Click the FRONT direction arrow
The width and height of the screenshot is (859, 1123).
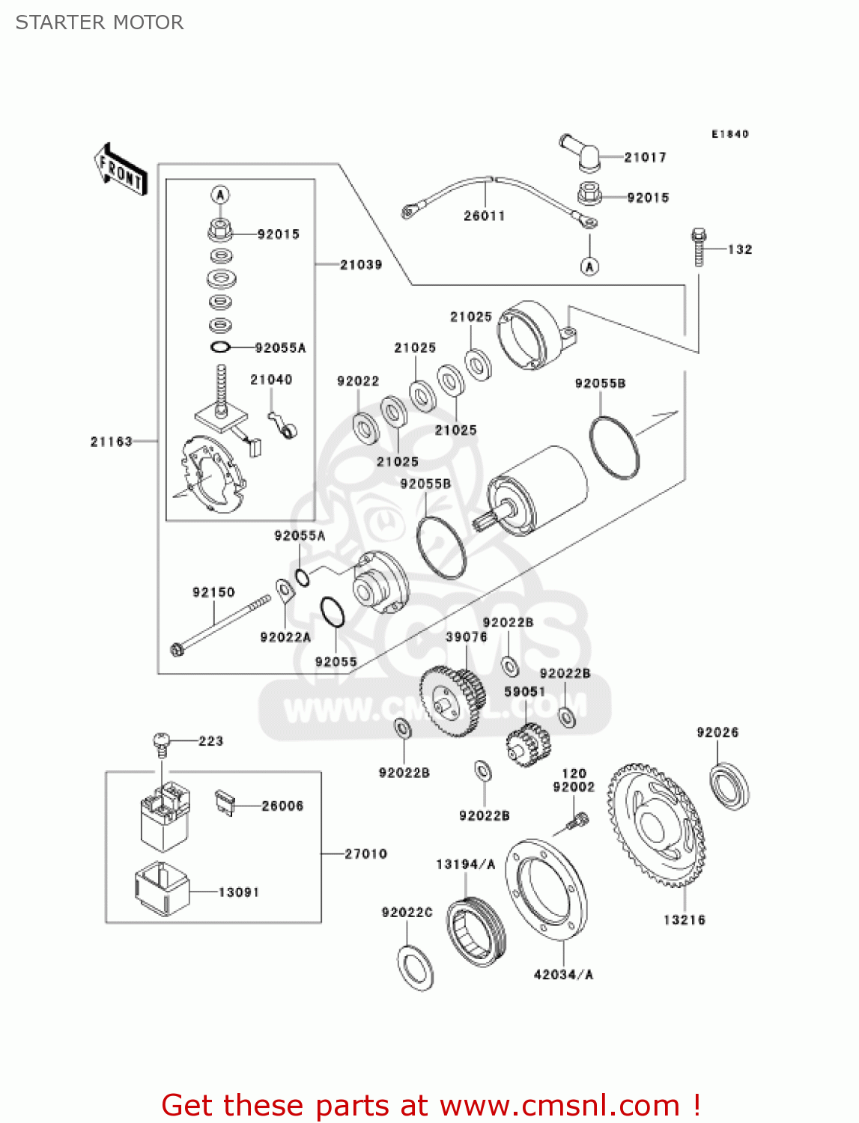pyautogui.click(x=121, y=170)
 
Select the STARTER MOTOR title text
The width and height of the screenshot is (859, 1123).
pyautogui.click(x=100, y=22)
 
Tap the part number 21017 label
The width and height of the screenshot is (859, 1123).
pyautogui.click(x=645, y=157)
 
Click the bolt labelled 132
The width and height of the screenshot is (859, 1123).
pyautogui.click(x=699, y=246)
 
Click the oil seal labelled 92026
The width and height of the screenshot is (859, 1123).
pyautogui.click(x=729, y=785)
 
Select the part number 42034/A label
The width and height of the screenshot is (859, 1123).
pyautogui.click(x=563, y=974)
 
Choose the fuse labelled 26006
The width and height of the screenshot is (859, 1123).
pyautogui.click(x=225, y=802)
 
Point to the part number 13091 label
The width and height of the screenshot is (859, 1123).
pyautogui.click(x=239, y=892)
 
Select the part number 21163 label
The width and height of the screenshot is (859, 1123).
pyautogui.click(x=112, y=442)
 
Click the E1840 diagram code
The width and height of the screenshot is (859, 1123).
pyautogui.click(x=729, y=134)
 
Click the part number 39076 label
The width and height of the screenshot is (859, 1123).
pyautogui.click(x=466, y=637)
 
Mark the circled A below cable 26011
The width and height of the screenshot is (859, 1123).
pyautogui.click(x=590, y=266)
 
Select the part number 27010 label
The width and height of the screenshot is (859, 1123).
pyautogui.click(x=365, y=853)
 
